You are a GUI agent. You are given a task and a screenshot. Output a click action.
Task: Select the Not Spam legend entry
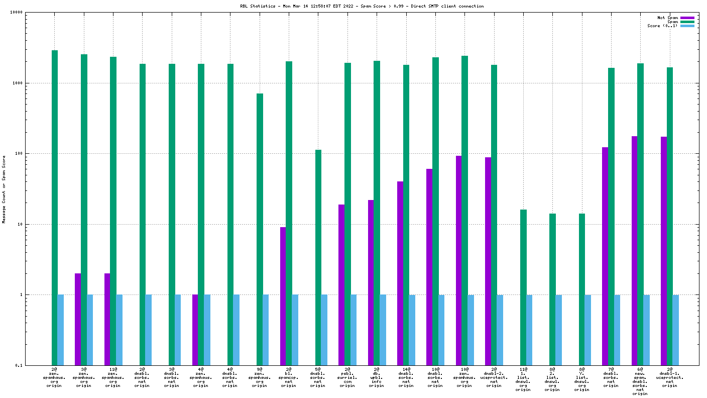[687, 18]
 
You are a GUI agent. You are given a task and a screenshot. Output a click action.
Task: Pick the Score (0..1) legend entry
[687, 26]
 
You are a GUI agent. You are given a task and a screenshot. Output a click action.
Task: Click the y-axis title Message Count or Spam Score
[4, 189]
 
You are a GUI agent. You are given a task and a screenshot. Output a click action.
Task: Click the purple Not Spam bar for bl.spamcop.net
[283, 296]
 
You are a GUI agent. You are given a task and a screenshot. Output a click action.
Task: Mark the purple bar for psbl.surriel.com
[341, 284]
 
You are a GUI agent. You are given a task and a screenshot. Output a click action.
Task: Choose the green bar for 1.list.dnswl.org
[523, 287]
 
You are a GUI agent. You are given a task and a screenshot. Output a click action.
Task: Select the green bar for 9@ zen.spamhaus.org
[260, 229]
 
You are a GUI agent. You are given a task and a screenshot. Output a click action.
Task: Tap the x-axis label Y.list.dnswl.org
[581, 379]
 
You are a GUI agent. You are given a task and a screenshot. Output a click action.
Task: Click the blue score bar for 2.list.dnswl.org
[558, 330]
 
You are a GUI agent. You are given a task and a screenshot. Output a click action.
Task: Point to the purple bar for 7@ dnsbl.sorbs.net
[605, 256]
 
